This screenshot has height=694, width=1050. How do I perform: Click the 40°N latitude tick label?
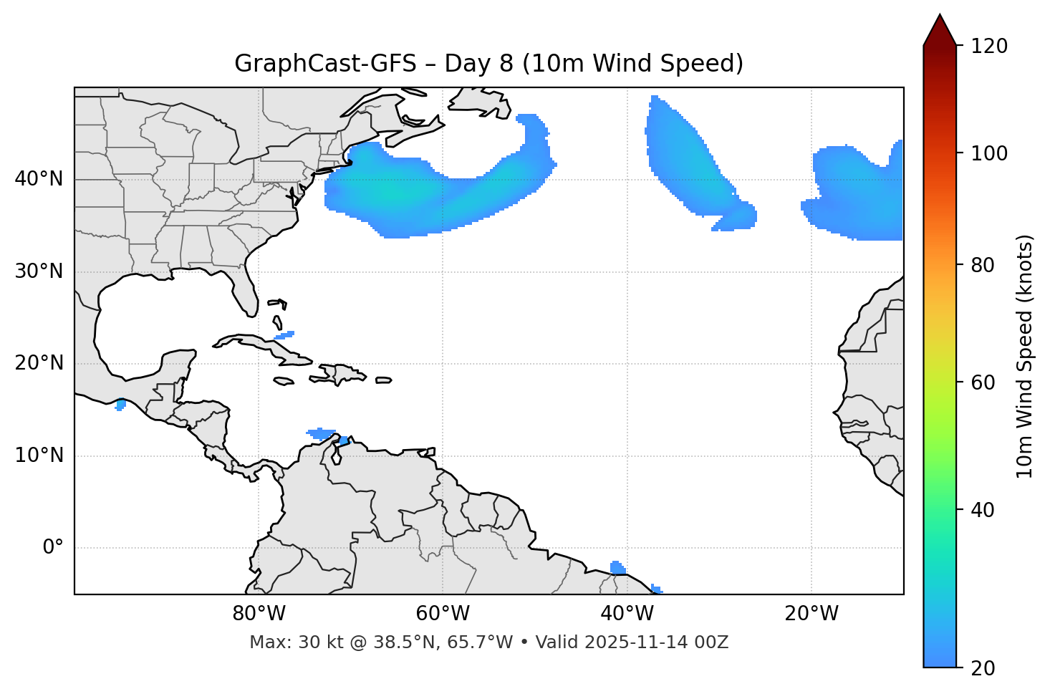(x=39, y=179)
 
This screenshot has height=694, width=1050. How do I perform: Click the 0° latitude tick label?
(x=52, y=548)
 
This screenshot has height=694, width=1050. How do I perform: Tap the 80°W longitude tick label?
(x=259, y=614)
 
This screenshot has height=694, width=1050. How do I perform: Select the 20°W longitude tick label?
(x=811, y=614)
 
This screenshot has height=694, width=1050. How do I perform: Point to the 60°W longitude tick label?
(x=443, y=614)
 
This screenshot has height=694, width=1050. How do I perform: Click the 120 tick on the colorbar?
(x=988, y=46)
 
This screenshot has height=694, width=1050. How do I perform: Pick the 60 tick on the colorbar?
(x=983, y=382)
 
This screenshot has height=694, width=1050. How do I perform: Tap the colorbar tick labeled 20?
(x=983, y=668)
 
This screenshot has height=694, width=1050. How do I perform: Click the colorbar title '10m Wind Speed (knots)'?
(x=1025, y=357)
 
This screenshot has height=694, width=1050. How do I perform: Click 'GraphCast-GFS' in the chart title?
(x=325, y=64)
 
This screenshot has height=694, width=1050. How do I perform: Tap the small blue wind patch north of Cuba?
(x=284, y=334)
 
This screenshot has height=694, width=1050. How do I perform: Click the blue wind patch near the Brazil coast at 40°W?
(x=617, y=568)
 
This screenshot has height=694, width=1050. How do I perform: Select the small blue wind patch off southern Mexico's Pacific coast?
(x=120, y=405)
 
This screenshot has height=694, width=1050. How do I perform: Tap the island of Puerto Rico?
(x=384, y=380)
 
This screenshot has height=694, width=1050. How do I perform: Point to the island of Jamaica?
(x=284, y=381)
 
